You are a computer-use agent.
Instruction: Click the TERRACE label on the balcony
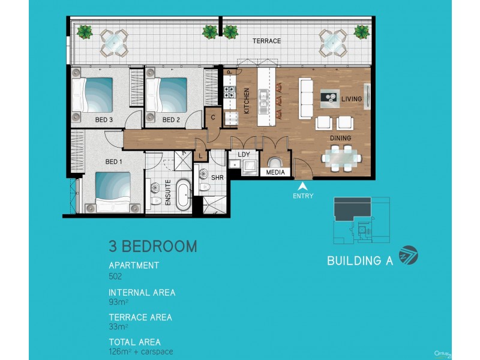pyautogui.click(x=266, y=41)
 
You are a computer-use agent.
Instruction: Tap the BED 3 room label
pyautogui.click(x=104, y=120)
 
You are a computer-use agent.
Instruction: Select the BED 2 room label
pyautogui.click(x=171, y=120)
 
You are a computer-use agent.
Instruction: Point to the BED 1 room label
pyautogui.click(x=114, y=161)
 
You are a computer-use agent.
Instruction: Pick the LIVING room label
pyautogui.click(x=351, y=98)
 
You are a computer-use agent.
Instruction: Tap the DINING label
pyautogui.click(x=340, y=138)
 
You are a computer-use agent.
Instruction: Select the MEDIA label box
pyautogui.click(x=276, y=173)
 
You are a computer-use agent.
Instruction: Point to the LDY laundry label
pyautogui.click(x=244, y=155)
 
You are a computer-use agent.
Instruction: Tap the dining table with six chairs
pyautogui.click(x=341, y=158)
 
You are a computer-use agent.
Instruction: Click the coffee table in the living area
pyautogui.click(x=329, y=95)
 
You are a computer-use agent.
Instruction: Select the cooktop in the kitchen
pyautogui.click(x=229, y=93)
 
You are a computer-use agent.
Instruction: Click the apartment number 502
pyautogui.click(x=115, y=277)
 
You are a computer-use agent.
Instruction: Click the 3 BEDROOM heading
pyautogui.click(x=152, y=246)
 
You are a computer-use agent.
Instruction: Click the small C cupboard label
pyautogui.click(x=213, y=117)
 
